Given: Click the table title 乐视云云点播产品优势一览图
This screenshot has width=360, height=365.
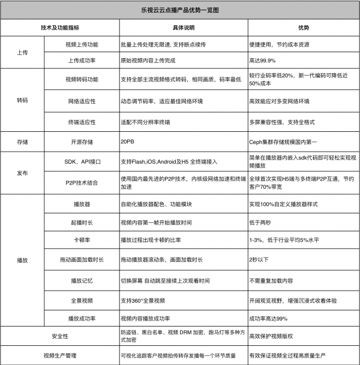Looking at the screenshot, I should tap(180, 10).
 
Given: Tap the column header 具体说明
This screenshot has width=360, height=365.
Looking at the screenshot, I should tap(184, 28).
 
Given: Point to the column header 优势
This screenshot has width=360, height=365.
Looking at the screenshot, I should tap(304, 28).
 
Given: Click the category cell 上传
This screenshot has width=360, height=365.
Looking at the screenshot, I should tap(23, 52).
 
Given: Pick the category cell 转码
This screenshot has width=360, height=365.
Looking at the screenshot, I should tap(23, 101).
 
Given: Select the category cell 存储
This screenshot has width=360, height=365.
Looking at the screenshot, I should tap(23, 143).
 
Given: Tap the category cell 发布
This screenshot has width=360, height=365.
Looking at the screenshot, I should tap(23, 172).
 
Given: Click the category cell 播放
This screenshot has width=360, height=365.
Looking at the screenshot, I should tap(23, 261).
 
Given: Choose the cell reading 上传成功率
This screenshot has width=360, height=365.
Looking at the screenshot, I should tap(80, 60).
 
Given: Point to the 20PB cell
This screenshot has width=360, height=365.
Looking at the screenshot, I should tap(127, 143).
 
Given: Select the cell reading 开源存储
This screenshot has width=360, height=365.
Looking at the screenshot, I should tap(80, 143).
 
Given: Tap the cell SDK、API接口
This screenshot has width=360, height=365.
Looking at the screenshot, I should tap(80, 162).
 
